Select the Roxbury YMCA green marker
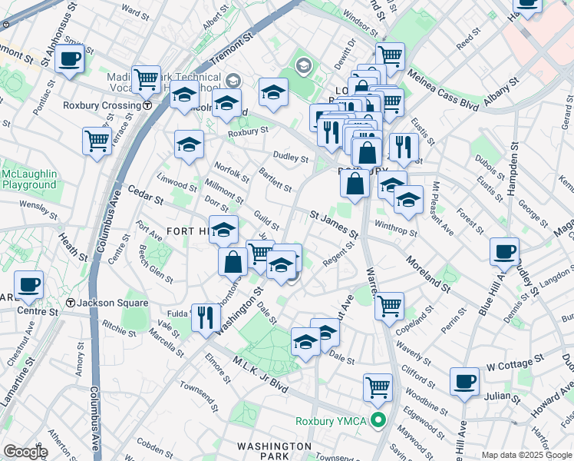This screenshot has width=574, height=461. coord(378,420)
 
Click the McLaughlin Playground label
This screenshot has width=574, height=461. coord(29,179)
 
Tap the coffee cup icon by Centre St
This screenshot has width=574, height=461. coord(29,284)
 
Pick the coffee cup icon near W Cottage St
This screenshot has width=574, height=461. coord(464,380)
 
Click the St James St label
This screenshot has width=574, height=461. coord(334,224)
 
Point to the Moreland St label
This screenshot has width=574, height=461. coord(427,274)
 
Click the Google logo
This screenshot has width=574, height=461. coord(25,452)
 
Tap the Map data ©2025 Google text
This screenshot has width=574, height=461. coord(526,455)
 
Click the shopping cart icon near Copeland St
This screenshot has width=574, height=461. coord(390,305)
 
